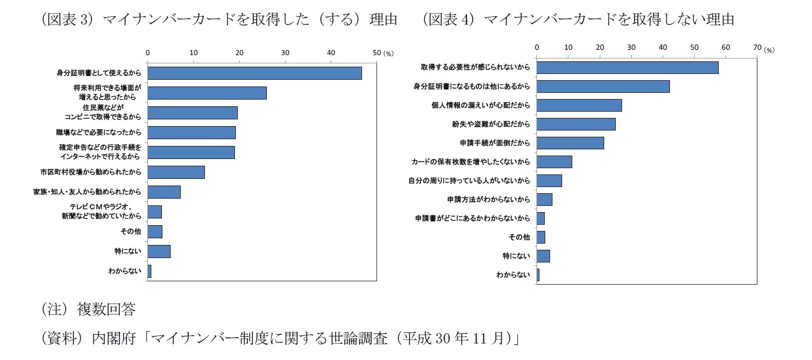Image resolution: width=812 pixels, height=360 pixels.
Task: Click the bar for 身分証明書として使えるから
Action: [254, 73]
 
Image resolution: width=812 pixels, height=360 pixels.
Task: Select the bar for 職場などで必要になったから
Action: [191, 132]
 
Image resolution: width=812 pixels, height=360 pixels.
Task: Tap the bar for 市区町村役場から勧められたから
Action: [176, 172]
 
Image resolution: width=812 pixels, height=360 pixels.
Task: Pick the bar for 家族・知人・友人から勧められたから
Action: [164, 192]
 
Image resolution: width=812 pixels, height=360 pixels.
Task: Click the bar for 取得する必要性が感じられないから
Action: [627, 67]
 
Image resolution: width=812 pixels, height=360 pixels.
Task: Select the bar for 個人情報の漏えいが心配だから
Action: [579, 105]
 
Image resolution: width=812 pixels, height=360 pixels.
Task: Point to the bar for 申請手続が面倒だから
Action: [570, 143]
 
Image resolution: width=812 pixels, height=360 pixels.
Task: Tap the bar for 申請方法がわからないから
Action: [544, 200]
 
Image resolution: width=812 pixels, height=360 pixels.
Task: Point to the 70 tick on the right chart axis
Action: [757, 47]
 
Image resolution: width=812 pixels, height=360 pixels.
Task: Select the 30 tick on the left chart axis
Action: [285, 53]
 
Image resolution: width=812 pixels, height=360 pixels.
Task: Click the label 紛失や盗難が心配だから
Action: [491, 124]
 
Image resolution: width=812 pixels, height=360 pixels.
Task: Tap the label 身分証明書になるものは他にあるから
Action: [471, 86]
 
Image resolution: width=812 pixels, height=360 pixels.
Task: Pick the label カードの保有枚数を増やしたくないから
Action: [470, 162]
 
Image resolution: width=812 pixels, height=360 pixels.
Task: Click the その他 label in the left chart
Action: [130, 231]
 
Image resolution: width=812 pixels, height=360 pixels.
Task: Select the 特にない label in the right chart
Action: [516, 256]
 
